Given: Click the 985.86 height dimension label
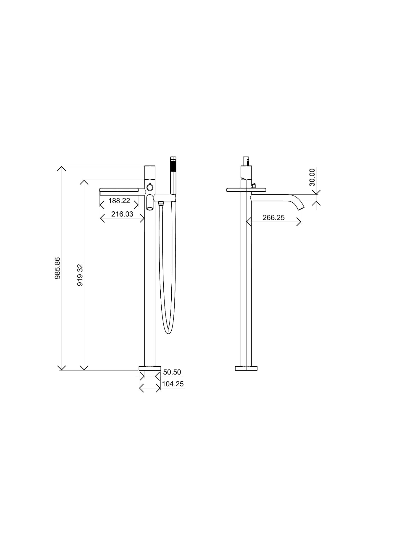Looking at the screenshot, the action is coord(58,268).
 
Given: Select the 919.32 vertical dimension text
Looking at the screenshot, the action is coord(80,275).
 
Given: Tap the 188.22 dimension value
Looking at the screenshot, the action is coord(119,201).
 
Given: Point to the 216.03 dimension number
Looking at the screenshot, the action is coord(122,214).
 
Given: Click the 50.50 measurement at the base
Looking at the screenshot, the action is coord(172,372).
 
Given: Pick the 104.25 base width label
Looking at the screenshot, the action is coord(173,384).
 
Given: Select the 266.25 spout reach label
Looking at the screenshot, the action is coord(273,218).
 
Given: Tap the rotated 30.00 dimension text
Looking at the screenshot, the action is coord(312,177).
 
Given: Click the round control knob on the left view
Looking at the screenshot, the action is coord(150,188).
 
